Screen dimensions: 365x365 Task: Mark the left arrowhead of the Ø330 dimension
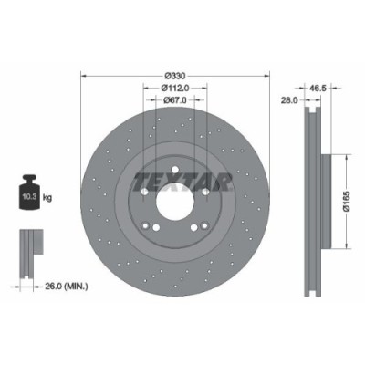point(84,75)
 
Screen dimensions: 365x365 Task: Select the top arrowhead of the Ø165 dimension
point(347,158)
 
